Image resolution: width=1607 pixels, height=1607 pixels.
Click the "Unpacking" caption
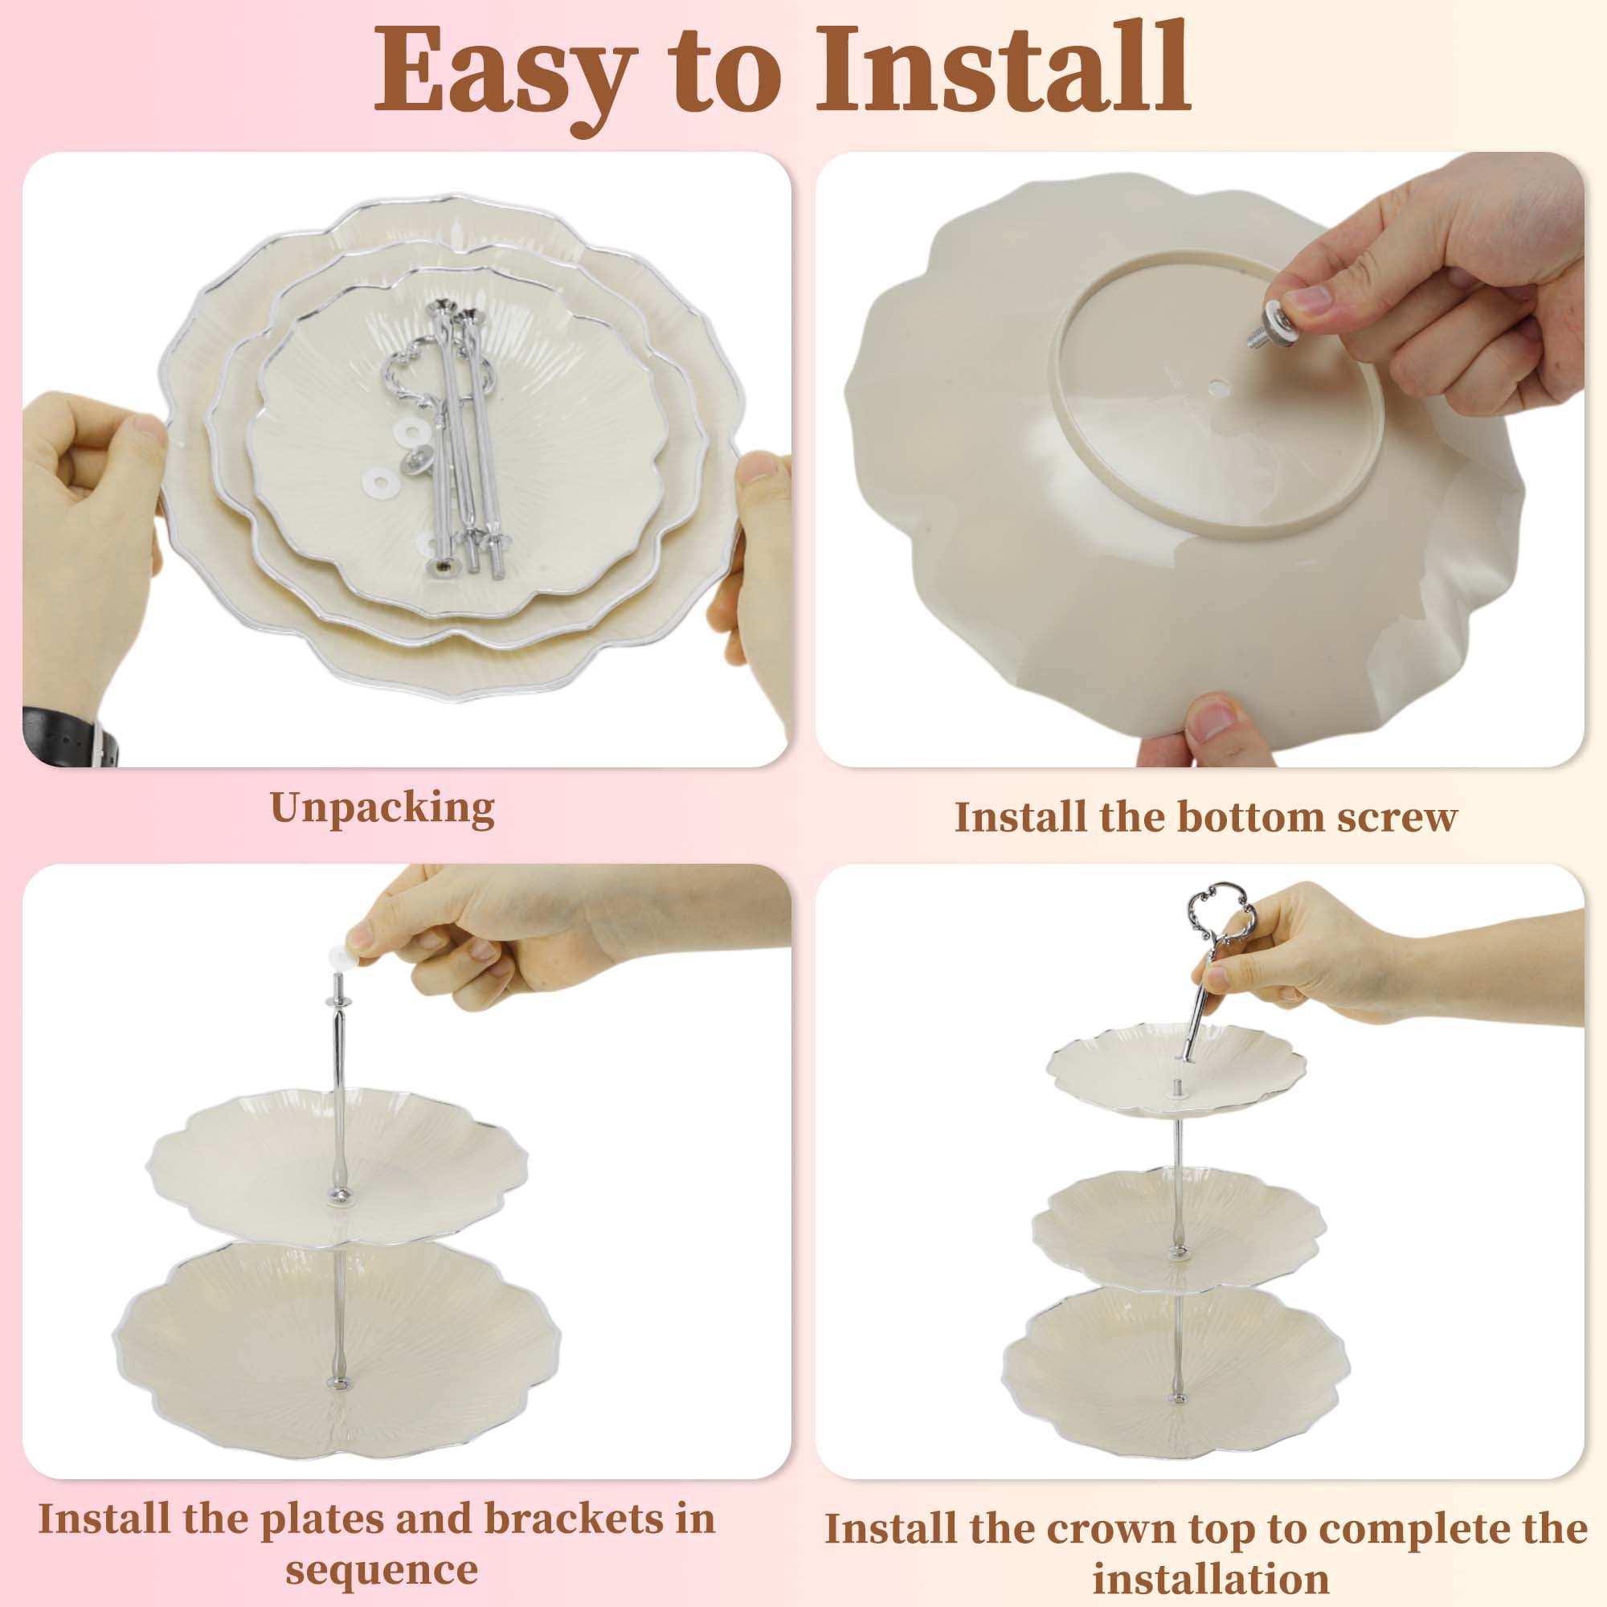[382, 808]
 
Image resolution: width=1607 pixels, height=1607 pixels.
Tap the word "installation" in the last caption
[1210, 1578]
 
